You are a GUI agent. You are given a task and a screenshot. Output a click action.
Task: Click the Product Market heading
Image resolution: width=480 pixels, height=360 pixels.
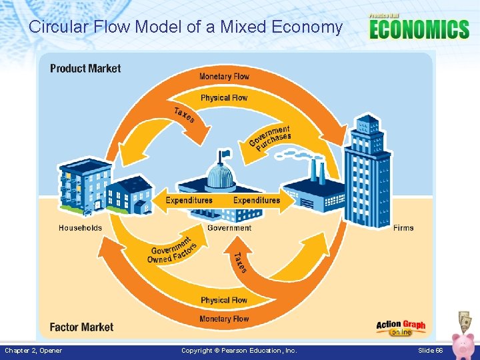pos(85,68)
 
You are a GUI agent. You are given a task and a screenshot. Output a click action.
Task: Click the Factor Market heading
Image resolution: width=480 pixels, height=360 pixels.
pos(81,327)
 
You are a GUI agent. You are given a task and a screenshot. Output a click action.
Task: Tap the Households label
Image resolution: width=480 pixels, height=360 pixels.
pos(80,228)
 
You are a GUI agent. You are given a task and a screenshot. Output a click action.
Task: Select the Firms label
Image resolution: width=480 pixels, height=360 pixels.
pos(403,228)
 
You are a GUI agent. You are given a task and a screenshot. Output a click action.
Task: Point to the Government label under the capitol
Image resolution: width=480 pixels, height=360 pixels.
pos(229,228)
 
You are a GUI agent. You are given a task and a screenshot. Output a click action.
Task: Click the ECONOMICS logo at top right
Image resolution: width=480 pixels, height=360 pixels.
pos(419,29)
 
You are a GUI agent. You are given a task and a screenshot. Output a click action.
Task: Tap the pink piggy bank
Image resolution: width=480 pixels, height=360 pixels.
pos(462,344)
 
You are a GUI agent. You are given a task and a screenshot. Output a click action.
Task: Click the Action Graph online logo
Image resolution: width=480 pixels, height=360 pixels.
pos(401,327)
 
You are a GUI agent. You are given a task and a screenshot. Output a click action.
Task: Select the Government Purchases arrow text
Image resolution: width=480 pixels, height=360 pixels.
pos(270,138)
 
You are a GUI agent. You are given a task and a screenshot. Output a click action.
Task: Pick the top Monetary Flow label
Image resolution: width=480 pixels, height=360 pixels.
pos(224,76)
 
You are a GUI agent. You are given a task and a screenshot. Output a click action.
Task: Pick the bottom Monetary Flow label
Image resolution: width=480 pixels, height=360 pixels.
pos(224,319)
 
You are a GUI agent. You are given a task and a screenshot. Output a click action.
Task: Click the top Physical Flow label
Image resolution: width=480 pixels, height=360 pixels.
pos(224,98)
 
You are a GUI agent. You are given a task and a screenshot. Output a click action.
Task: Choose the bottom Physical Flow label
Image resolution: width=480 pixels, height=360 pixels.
pos(224,300)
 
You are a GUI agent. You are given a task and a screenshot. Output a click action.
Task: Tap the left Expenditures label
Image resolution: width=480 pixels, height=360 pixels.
pos(189,200)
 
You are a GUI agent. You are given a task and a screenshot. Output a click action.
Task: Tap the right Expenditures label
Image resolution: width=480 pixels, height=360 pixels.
pos(257,200)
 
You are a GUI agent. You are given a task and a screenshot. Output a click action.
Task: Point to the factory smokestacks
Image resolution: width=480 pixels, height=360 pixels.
pos(317,171)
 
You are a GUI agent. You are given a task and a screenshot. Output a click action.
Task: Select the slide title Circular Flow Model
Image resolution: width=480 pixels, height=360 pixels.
pos(185,27)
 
